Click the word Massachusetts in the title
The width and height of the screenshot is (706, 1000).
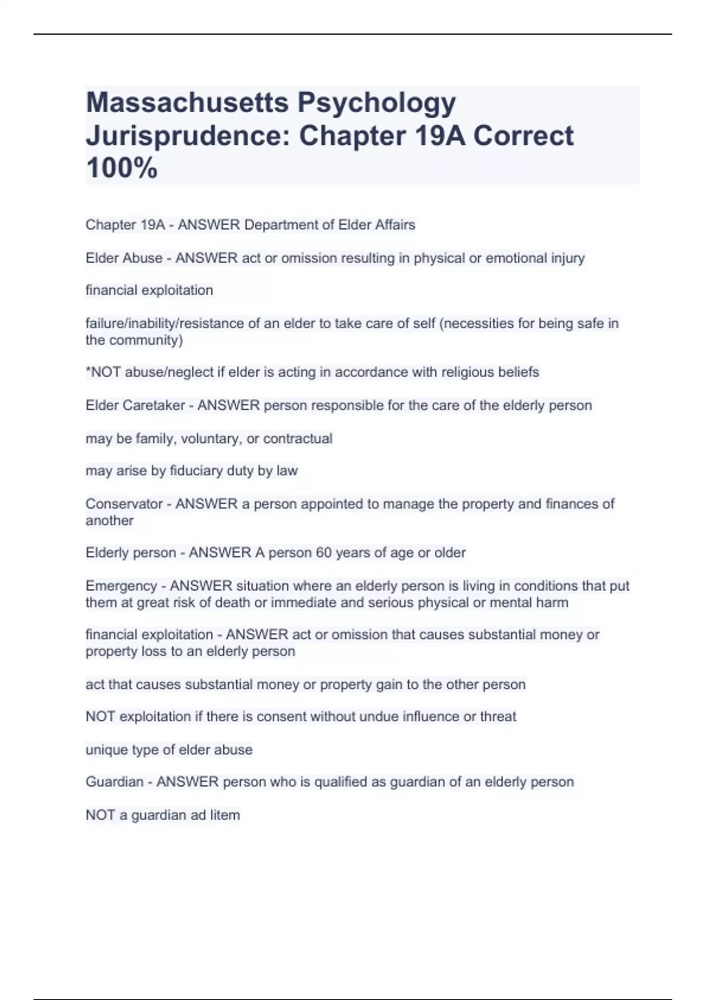[x=187, y=102]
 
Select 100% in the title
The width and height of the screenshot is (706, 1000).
[x=122, y=168]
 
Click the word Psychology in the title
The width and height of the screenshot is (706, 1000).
[x=377, y=104]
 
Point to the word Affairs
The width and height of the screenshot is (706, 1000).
[x=392, y=225]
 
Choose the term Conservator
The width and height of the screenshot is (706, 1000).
[x=124, y=504]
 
